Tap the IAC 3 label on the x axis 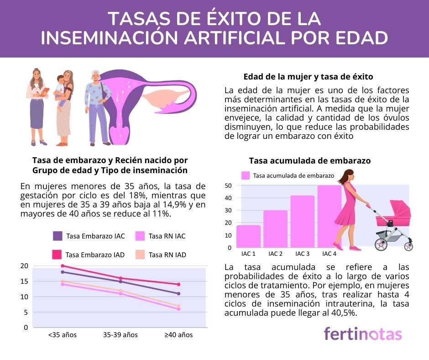(x=303, y=254)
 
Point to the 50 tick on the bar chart (x=229, y=186)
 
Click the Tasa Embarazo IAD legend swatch (x=57, y=254)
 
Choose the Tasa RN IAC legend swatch (x=141, y=236)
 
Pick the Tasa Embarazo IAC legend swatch (x=58, y=236)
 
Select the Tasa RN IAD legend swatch (x=141, y=254)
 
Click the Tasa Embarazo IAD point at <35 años (x=63, y=266)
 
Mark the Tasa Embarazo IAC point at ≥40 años (x=178, y=294)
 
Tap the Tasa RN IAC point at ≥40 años (x=178, y=309)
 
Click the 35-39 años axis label (x=120, y=335)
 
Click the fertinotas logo (x=363, y=334)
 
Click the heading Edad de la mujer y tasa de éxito (x=309, y=76)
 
